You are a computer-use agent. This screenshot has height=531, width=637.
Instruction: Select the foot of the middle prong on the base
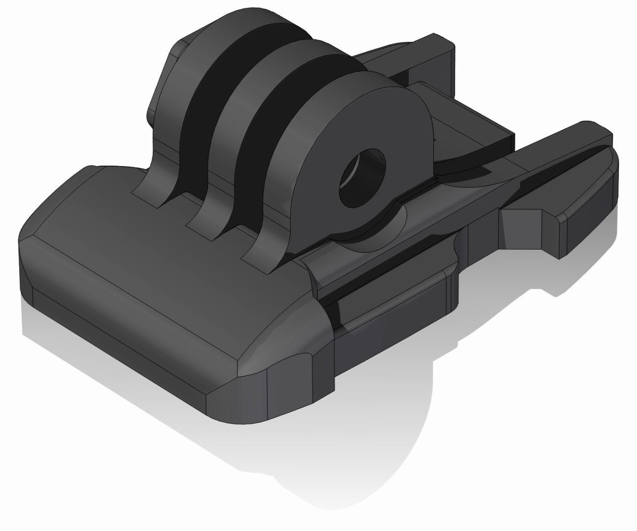click(207, 221)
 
